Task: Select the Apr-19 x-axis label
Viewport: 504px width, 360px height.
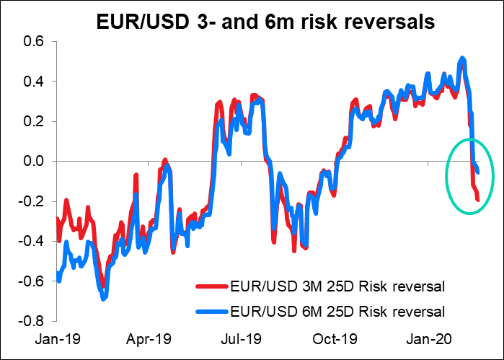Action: coord(152,337)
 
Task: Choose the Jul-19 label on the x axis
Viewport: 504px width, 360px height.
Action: coord(246,337)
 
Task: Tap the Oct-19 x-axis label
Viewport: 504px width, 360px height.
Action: coord(341,337)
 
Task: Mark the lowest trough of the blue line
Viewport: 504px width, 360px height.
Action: coord(105,298)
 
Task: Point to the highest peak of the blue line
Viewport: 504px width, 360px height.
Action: coord(462,58)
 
